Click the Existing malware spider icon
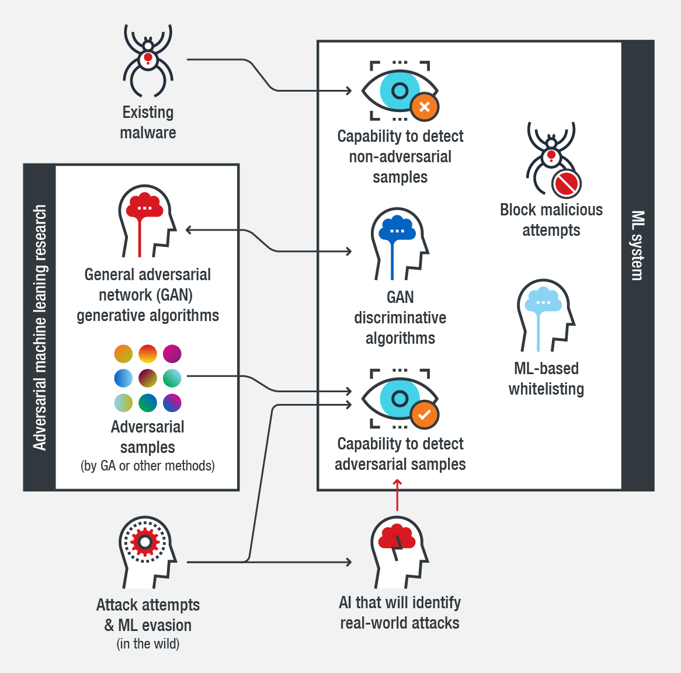pyautogui.click(x=148, y=61)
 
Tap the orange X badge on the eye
pyautogui.click(x=425, y=107)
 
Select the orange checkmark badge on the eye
pyautogui.click(x=425, y=415)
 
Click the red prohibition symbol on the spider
pyautogui.click(x=566, y=184)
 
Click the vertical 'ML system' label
pyautogui.click(x=638, y=245)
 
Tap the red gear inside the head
pyautogui.click(x=145, y=543)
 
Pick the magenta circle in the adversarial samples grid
pyautogui.click(x=172, y=354)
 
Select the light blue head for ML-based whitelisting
pyautogui.click(x=545, y=315)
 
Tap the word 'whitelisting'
pyautogui.click(x=546, y=389)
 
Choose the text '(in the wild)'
pyautogui.click(x=148, y=644)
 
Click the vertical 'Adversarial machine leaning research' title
pyautogui.click(x=40, y=327)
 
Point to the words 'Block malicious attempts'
pyautogui.click(x=551, y=220)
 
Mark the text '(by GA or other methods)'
pyautogui.click(x=148, y=466)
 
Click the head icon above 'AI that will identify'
pyautogui.click(x=399, y=552)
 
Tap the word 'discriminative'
pyautogui.click(x=400, y=318)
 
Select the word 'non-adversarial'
pyautogui.click(x=400, y=157)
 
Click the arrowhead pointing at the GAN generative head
pyautogui.click(x=189, y=230)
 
